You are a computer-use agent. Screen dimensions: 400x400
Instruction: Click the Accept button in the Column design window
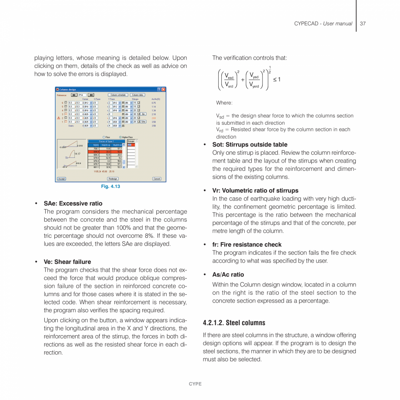coord(62,179)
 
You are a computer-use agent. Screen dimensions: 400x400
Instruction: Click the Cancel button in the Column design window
coord(157,179)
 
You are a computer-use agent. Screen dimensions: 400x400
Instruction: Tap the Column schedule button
coord(118,95)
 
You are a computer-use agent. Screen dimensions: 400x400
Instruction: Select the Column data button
coord(137,95)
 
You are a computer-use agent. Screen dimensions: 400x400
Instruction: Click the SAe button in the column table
coord(143,122)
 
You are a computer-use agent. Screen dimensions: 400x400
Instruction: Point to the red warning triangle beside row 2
coord(59,118)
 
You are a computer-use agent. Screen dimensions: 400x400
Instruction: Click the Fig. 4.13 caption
coord(110,187)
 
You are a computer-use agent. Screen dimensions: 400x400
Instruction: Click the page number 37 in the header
coord(363,23)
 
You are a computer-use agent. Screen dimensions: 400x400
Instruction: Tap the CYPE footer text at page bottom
coord(195,384)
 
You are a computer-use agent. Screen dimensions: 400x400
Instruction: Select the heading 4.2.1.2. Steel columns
coord(234,323)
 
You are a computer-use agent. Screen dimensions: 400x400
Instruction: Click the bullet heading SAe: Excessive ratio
coord(73,203)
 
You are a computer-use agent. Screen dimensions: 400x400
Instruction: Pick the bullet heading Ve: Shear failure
coord(67,262)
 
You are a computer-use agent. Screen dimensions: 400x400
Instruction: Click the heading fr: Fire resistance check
coord(247,244)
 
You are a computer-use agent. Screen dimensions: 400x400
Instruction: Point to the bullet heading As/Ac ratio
coord(228,275)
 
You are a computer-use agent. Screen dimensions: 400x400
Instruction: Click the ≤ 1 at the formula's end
coord(277,79)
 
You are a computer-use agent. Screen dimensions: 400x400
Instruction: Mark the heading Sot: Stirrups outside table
coord(250,145)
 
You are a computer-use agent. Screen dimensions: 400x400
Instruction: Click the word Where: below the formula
coord(224,103)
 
